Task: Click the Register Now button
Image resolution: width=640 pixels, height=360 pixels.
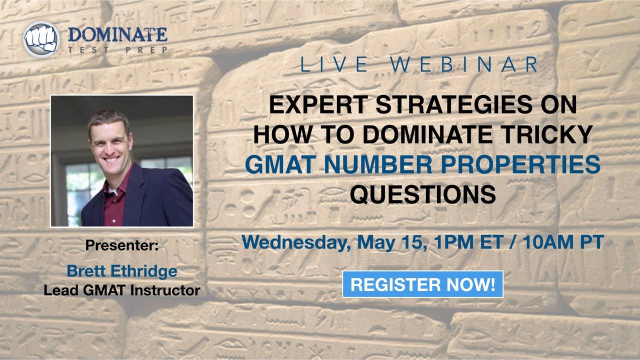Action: [x=422, y=284]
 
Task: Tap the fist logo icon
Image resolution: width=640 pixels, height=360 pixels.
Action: [x=41, y=39]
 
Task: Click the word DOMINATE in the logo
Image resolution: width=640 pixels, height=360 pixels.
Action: [x=117, y=35]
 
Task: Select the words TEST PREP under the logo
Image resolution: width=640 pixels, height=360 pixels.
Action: [x=117, y=50]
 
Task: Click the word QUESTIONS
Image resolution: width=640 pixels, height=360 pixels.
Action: [x=422, y=194]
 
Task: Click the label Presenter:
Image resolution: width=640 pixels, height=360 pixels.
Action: [x=122, y=245]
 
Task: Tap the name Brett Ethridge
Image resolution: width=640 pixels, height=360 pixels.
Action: [x=122, y=271]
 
